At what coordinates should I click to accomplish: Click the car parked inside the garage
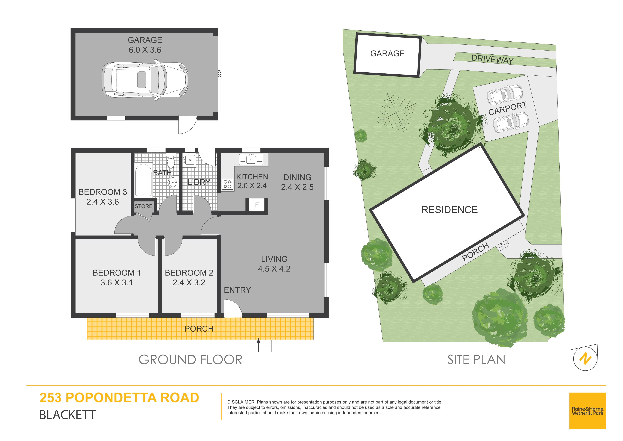[x=145, y=80]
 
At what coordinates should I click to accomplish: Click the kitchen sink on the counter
[x=251, y=160]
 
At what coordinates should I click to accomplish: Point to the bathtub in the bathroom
[x=143, y=180]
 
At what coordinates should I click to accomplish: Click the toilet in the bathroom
[x=171, y=162]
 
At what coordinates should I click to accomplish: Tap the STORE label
[x=143, y=206]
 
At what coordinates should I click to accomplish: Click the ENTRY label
[x=237, y=290]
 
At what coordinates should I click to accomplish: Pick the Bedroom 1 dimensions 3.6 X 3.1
[x=117, y=283]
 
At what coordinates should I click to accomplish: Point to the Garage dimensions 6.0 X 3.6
[x=145, y=50]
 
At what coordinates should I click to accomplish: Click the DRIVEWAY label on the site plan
[x=492, y=59]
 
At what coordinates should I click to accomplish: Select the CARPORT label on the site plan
[x=507, y=108]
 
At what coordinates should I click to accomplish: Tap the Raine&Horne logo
[x=587, y=411]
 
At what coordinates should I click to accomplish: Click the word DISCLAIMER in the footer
[x=241, y=402]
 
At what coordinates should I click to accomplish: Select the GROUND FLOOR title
[x=190, y=360]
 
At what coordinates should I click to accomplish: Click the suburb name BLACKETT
[x=67, y=415]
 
